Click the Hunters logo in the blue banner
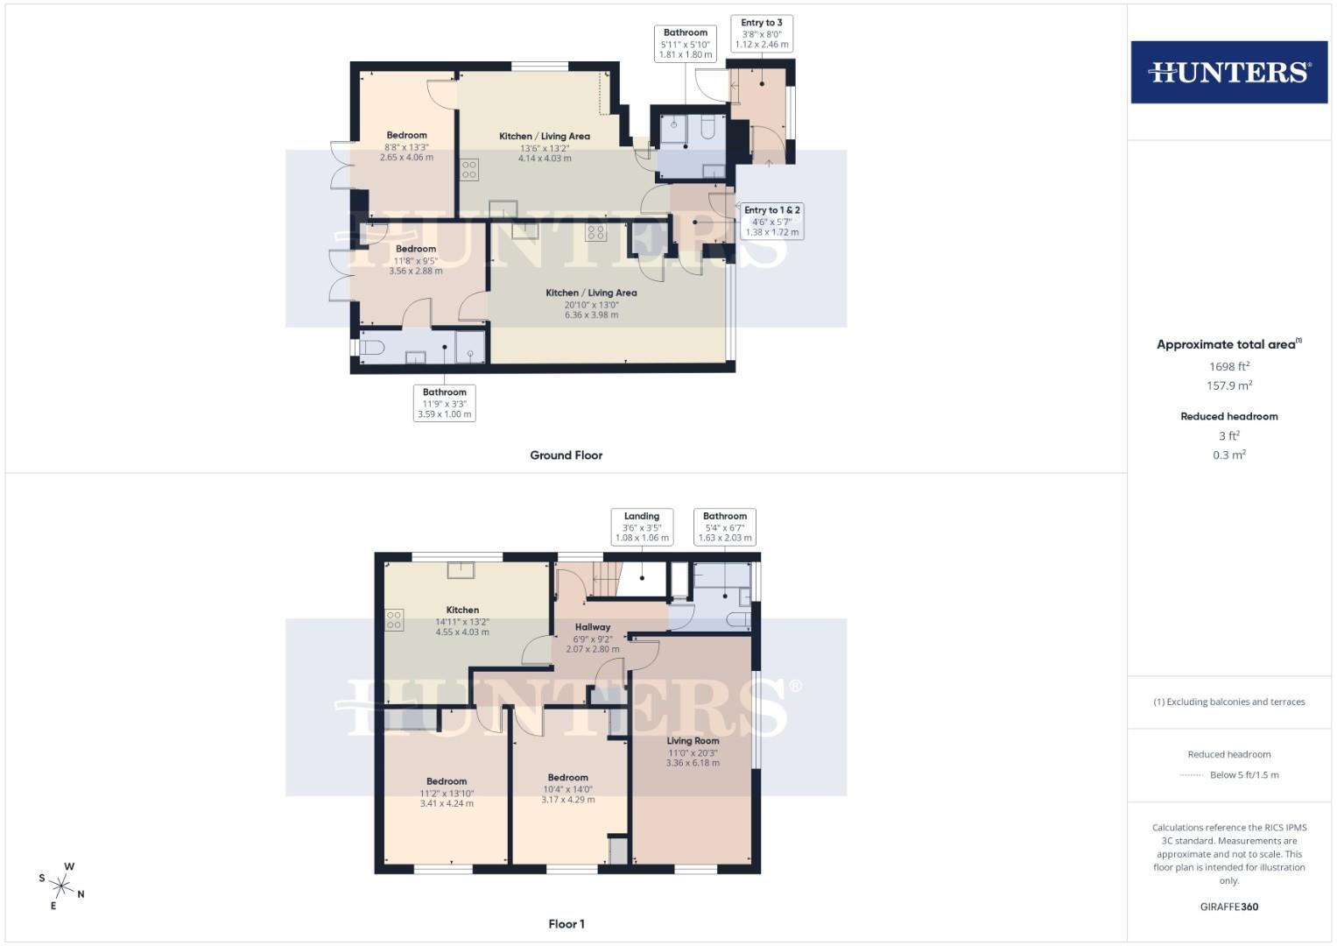pos(1228,72)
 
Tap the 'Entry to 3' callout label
pos(761,33)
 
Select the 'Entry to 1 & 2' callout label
pos(771,221)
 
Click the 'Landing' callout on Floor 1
pos(642,526)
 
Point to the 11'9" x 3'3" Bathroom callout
pos(445,403)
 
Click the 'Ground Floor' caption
pos(566,455)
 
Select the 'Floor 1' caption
pos(566,924)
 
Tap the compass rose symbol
pos(63,886)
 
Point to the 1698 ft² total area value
pos(1228,366)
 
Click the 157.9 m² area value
pos(1228,385)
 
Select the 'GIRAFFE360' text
pos(1228,907)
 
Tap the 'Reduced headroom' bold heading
pos(1228,416)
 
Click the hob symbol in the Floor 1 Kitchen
pos(394,620)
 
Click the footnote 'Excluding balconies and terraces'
pos(1228,702)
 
